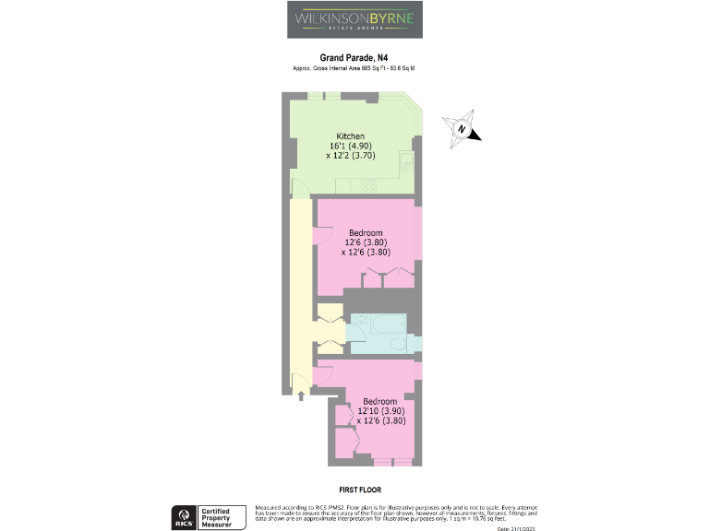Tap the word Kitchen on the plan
pyautogui.click(x=351, y=136)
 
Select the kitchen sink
pyautogui.click(x=406, y=163)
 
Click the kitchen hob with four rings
pyautogui.click(x=368, y=184)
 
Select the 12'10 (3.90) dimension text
pyautogui.click(x=380, y=411)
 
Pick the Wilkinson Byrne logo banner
pyautogui.click(x=354, y=19)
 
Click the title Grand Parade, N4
pyautogui.click(x=354, y=57)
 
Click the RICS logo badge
pyautogui.click(x=183, y=517)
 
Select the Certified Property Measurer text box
pyautogui.click(x=222, y=517)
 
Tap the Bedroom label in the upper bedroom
pyautogui.click(x=367, y=232)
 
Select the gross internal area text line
pyautogui.click(x=354, y=69)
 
